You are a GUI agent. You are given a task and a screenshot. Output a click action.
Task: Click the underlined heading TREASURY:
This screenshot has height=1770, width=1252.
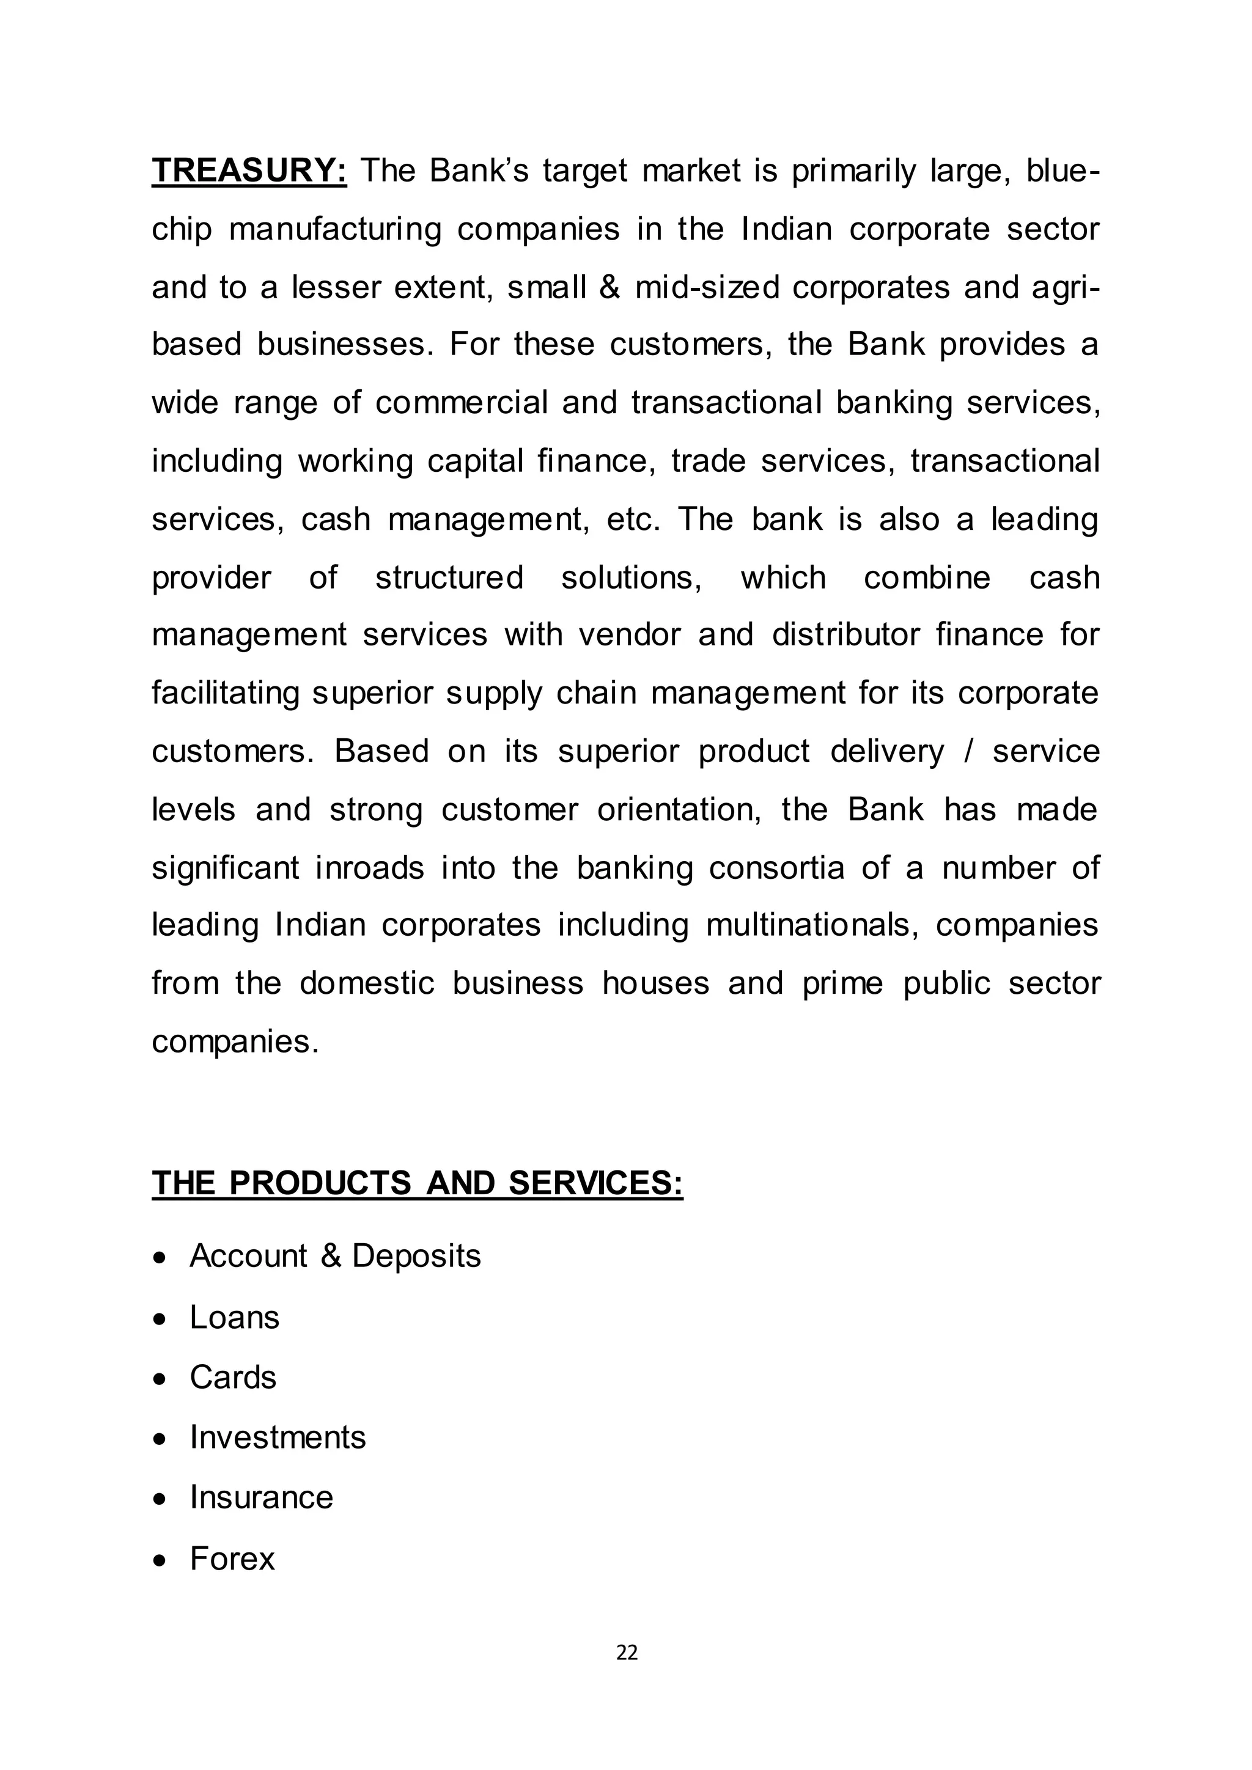click(249, 171)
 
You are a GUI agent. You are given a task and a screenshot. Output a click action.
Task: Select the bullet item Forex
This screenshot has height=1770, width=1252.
click(232, 1559)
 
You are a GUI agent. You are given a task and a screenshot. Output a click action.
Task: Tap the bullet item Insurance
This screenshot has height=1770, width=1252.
click(262, 1497)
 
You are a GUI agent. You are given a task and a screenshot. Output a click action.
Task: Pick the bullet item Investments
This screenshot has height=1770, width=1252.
click(278, 1437)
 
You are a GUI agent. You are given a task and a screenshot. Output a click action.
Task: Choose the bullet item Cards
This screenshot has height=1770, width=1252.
click(233, 1377)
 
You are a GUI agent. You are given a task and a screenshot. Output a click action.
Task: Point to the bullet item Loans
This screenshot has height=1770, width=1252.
click(234, 1316)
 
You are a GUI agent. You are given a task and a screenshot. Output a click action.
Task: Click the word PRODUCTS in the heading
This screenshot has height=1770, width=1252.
click(320, 1183)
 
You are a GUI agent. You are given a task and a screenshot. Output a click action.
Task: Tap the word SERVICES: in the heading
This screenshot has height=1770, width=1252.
click(595, 1183)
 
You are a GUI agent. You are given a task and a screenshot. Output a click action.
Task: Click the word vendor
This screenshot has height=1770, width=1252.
click(629, 634)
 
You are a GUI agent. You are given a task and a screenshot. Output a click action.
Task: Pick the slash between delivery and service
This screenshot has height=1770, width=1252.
click(968, 751)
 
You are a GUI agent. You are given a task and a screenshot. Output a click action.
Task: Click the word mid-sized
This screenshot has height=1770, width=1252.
click(707, 287)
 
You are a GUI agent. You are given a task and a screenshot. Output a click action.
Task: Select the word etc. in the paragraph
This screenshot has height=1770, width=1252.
click(633, 519)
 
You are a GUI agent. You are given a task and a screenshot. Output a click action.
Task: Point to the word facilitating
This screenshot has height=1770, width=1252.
click(225, 693)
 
